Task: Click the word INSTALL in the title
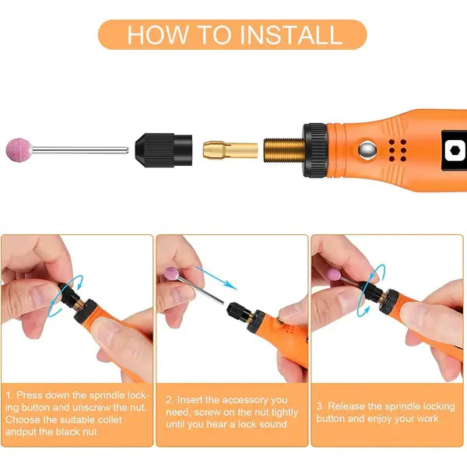pyautogui.click(x=290, y=34)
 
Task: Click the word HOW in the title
pyautogui.click(x=158, y=34)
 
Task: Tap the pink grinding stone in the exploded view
pyautogui.click(x=19, y=150)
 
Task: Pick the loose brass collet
pyautogui.click(x=230, y=150)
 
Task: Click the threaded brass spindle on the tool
pyautogui.click(x=284, y=150)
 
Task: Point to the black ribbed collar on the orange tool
pyautogui.click(x=315, y=150)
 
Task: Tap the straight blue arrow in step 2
pyautogui.click(x=215, y=278)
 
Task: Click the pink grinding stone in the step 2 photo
pyautogui.click(x=172, y=274)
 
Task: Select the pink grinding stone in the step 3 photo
pyautogui.click(x=333, y=274)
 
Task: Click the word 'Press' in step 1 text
pyautogui.click(x=29, y=395)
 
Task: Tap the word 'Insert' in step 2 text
pyautogui.click(x=190, y=400)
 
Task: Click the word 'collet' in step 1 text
pyautogui.click(x=109, y=420)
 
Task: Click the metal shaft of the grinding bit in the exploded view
pyautogui.click(x=80, y=150)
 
